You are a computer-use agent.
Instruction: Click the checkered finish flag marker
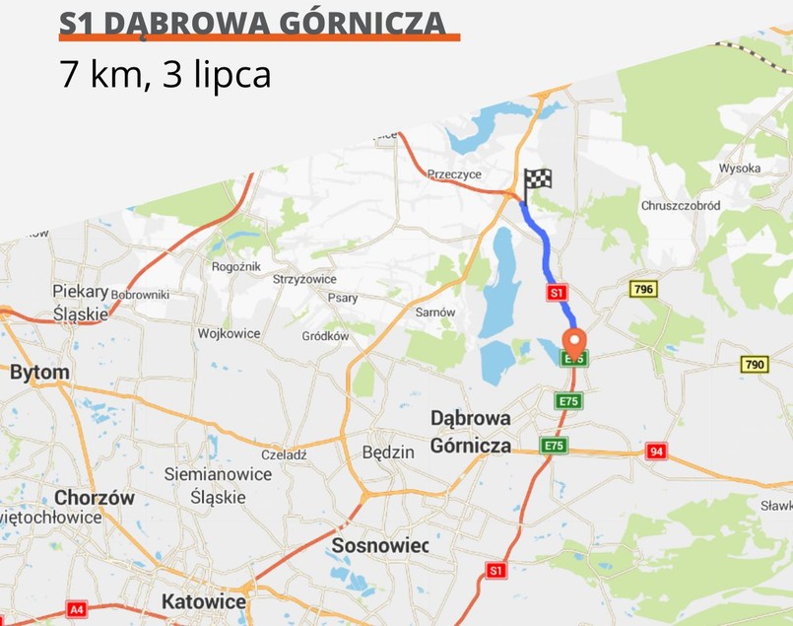536,181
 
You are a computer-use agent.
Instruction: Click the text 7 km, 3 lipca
165,76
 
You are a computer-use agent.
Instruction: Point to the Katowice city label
204,600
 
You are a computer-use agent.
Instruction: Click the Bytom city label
39,373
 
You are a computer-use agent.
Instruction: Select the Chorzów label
95,498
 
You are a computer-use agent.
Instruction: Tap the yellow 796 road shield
643,289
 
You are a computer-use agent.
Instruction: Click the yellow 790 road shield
754,365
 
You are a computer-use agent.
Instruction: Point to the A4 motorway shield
78,609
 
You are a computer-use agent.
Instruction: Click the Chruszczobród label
682,206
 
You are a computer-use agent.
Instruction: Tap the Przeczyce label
454,174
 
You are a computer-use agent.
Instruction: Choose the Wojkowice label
229,333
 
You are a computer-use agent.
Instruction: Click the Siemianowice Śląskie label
219,485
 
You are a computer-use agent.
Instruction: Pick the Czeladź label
285,455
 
